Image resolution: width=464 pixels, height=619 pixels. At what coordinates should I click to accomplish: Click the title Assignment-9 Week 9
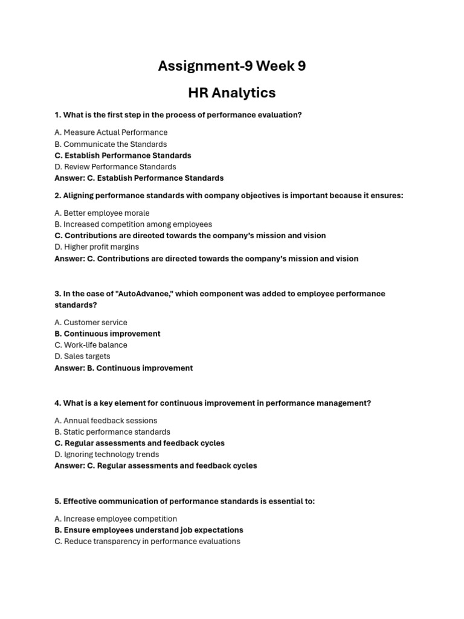coord(232,66)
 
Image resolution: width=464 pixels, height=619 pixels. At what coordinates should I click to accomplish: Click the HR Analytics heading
coord(232,92)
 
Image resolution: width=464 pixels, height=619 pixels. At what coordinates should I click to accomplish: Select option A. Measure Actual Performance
coord(111,132)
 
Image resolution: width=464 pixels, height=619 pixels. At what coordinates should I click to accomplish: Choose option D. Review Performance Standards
coord(115,167)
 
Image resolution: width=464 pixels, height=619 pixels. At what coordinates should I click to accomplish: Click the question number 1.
coord(57,115)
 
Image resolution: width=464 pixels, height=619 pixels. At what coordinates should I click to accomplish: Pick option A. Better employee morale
coord(102,213)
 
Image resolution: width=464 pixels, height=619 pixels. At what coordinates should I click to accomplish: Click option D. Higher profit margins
coord(97,247)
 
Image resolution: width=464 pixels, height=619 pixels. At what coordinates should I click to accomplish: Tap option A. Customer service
coord(91,322)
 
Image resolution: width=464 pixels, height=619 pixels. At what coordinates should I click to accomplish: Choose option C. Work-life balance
coord(91,345)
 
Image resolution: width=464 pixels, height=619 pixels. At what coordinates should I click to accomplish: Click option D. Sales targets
coord(82,357)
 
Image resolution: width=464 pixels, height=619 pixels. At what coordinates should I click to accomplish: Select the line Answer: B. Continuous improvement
coord(124,368)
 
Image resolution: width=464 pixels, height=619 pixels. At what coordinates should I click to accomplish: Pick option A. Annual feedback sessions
coord(106,421)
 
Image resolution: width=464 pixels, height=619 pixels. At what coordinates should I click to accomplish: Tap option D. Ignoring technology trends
coord(107,455)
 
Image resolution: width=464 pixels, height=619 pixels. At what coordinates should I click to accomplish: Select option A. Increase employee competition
coord(116,519)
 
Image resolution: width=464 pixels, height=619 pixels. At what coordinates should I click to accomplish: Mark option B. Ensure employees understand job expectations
coord(149,530)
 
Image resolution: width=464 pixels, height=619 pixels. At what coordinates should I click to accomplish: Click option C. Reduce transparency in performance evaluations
coord(147,542)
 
